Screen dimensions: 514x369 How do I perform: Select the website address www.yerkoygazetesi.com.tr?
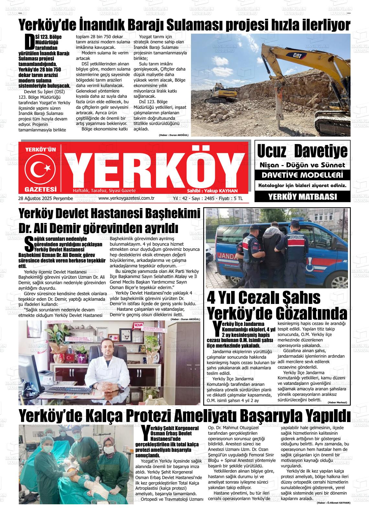127,198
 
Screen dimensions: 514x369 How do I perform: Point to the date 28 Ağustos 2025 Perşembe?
46,198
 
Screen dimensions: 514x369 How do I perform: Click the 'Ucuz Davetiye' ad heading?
302,151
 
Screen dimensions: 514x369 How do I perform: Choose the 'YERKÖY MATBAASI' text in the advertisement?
302,196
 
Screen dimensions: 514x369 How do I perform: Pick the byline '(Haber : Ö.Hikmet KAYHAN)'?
333,503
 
